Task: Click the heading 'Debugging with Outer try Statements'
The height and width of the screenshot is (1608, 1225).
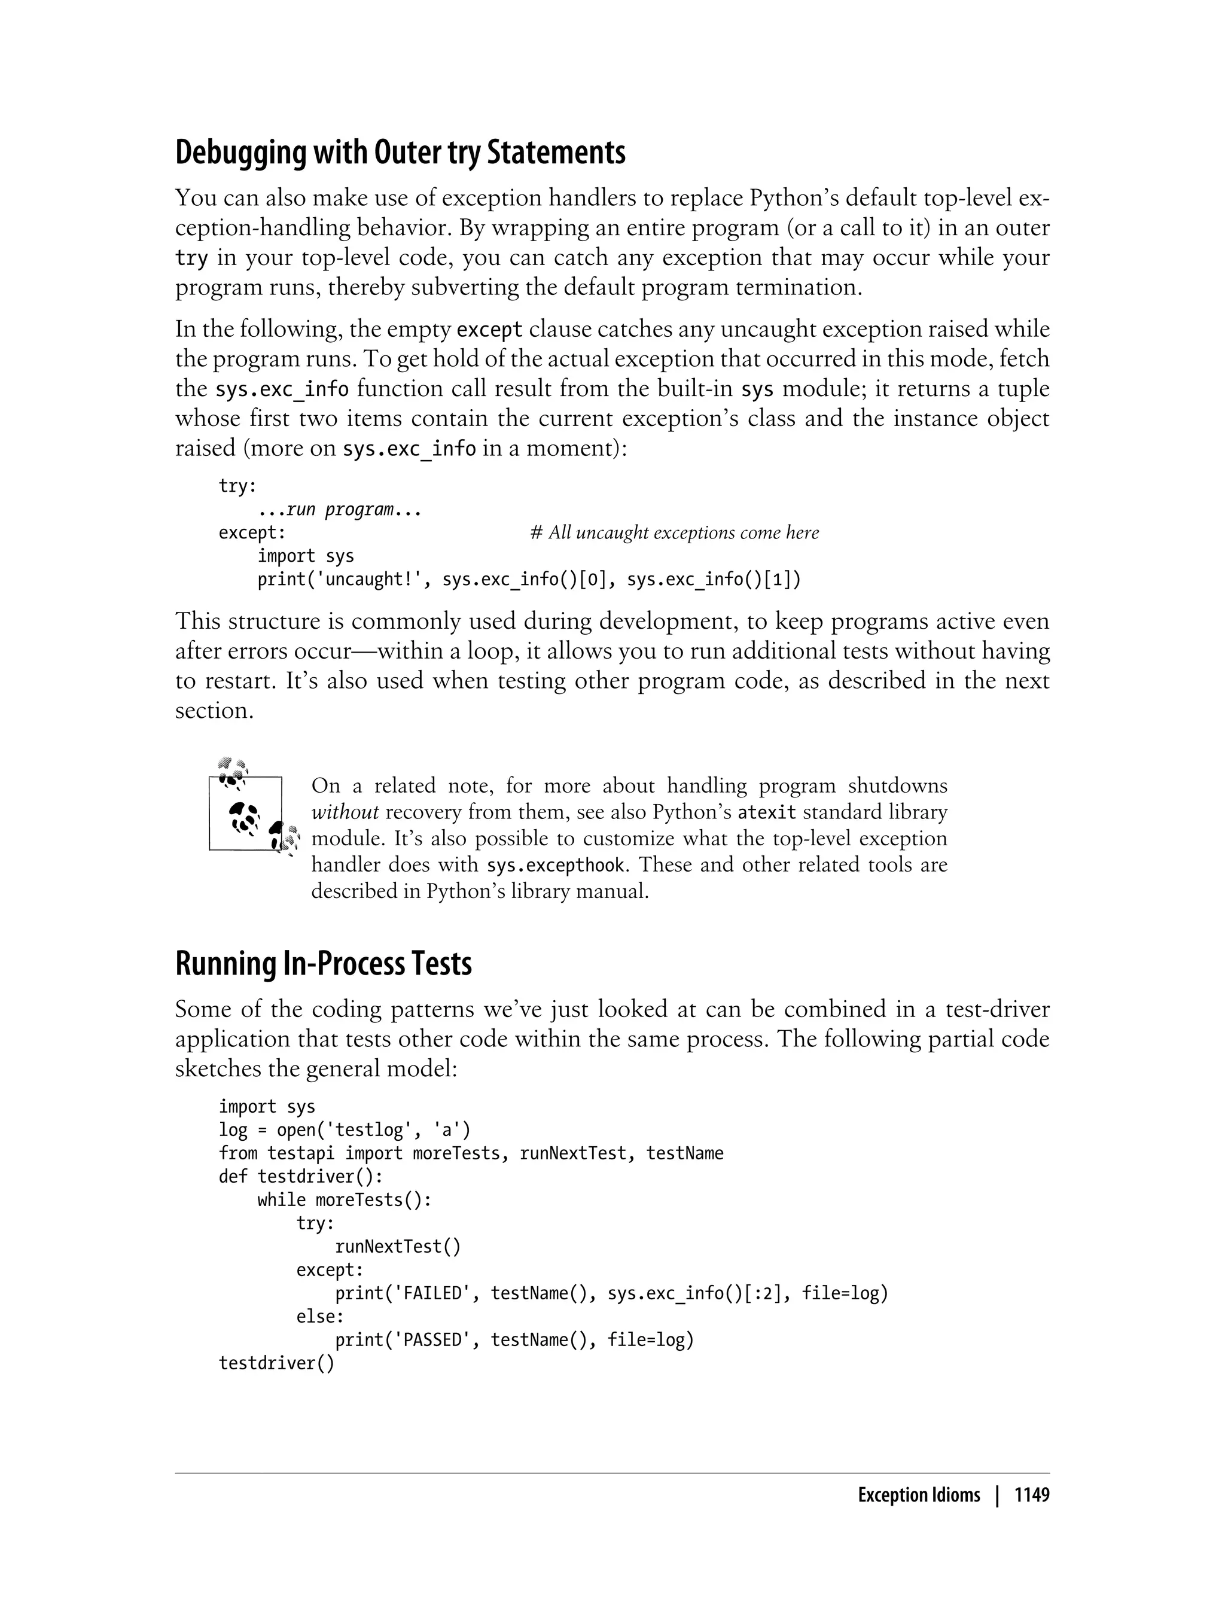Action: pyautogui.click(x=400, y=153)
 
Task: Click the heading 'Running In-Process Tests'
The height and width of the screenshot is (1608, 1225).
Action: pyautogui.click(x=323, y=963)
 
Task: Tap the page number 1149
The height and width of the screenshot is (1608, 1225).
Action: pyautogui.click(x=1031, y=1495)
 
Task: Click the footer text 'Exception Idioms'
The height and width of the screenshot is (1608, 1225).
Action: pyautogui.click(x=919, y=1495)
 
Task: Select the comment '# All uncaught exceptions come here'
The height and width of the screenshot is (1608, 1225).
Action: pyautogui.click(x=675, y=533)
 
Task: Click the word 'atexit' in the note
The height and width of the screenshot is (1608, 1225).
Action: pyautogui.click(x=766, y=812)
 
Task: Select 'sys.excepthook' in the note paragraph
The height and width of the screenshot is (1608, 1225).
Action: pyautogui.click(x=556, y=866)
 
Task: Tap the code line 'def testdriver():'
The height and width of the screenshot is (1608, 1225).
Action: pyautogui.click(x=300, y=1177)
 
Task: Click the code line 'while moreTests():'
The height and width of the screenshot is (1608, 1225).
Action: pyautogui.click(x=344, y=1201)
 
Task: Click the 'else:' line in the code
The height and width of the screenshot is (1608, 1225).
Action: pyautogui.click(x=319, y=1317)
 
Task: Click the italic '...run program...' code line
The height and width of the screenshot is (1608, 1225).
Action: pyautogui.click(x=340, y=510)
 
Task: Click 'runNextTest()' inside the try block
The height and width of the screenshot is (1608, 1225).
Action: pyautogui.click(x=397, y=1247)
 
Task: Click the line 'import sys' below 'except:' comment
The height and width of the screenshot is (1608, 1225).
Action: pyautogui.click(x=306, y=556)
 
